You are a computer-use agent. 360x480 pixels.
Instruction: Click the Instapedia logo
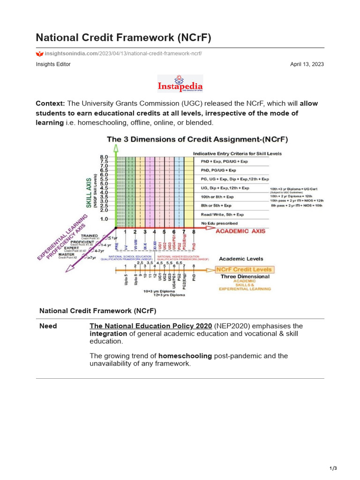coord(180,84)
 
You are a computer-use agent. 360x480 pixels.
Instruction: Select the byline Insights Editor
coord(53,64)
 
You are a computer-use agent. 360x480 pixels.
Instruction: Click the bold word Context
coord(50,103)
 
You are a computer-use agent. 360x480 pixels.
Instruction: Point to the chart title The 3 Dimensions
coord(197,139)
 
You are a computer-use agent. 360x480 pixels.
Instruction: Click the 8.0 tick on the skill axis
coord(104,157)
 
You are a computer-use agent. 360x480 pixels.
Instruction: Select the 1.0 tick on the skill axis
coord(104,219)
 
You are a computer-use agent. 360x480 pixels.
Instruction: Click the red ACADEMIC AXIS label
coord(240,231)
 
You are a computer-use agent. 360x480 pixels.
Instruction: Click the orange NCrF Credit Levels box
coord(244,270)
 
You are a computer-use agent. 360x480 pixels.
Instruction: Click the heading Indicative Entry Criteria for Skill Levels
coord(232,153)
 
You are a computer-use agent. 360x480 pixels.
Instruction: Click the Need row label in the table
coord(48,326)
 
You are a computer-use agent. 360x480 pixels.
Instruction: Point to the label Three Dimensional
coord(245,277)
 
